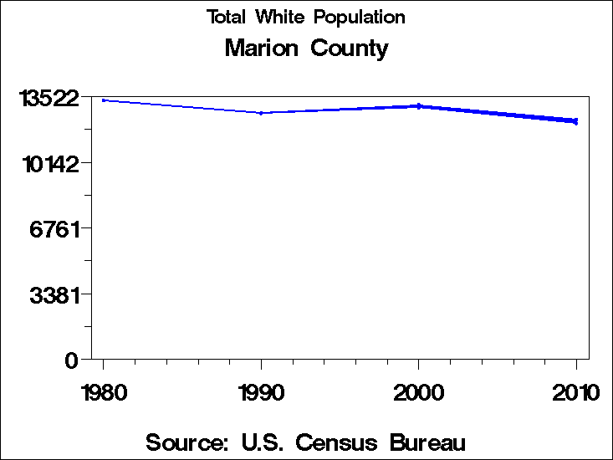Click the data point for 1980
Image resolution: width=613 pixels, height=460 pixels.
point(104,100)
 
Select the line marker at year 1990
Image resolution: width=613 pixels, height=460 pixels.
point(261,113)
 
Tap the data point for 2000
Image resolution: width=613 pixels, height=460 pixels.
point(419,106)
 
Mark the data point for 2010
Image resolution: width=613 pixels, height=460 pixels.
point(576,121)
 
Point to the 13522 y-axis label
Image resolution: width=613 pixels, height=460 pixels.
point(50,98)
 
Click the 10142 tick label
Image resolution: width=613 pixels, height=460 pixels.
point(50,163)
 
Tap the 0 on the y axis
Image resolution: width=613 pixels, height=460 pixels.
point(72,360)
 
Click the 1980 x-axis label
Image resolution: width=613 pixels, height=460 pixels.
point(104,392)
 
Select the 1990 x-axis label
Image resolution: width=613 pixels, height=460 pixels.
point(261,392)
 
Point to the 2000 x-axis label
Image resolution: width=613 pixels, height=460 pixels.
point(419,392)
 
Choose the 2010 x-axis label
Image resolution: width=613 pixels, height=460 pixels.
point(576,392)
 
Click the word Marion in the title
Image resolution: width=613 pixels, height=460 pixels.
point(263,49)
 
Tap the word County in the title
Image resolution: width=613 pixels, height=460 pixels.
point(349,49)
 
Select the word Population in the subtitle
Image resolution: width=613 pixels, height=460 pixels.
point(363,18)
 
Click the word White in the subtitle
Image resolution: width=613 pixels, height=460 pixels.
point(284,18)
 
